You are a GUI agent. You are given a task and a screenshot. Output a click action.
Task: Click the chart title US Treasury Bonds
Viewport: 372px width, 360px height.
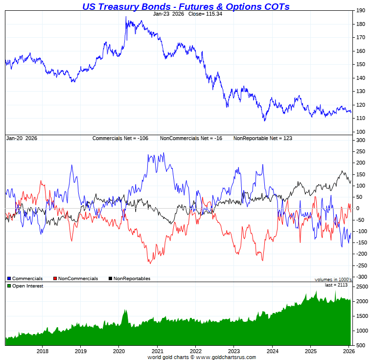(x=186, y=6)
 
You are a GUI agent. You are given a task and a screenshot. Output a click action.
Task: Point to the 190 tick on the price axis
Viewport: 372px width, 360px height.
(x=360, y=10)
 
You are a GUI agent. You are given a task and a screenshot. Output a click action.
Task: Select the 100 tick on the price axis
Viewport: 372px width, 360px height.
(x=360, y=132)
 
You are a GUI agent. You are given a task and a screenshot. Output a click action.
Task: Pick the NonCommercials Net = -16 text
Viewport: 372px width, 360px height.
(x=191, y=138)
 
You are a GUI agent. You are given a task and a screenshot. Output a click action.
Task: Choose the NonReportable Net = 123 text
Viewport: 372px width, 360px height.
(x=262, y=138)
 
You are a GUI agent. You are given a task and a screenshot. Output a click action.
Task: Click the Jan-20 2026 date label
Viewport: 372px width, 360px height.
(x=22, y=138)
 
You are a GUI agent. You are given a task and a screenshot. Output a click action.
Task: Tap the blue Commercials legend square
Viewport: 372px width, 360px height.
(x=9, y=279)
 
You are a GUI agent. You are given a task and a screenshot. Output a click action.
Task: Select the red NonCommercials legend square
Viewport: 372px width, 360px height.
(x=55, y=279)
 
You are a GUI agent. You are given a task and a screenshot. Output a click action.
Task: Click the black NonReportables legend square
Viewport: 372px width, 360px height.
(x=110, y=279)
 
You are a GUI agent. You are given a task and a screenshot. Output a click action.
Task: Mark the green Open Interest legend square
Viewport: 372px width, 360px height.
(x=9, y=286)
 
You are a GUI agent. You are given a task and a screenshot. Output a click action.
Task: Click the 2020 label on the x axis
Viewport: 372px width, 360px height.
(x=119, y=351)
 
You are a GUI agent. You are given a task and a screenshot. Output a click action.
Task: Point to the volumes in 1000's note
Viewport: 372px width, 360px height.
(x=333, y=280)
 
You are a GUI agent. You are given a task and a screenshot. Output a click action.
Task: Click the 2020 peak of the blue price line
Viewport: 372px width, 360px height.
(x=126, y=17)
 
